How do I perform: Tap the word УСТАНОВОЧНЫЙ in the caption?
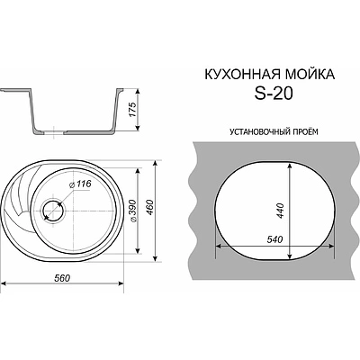click(x=247, y=130)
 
